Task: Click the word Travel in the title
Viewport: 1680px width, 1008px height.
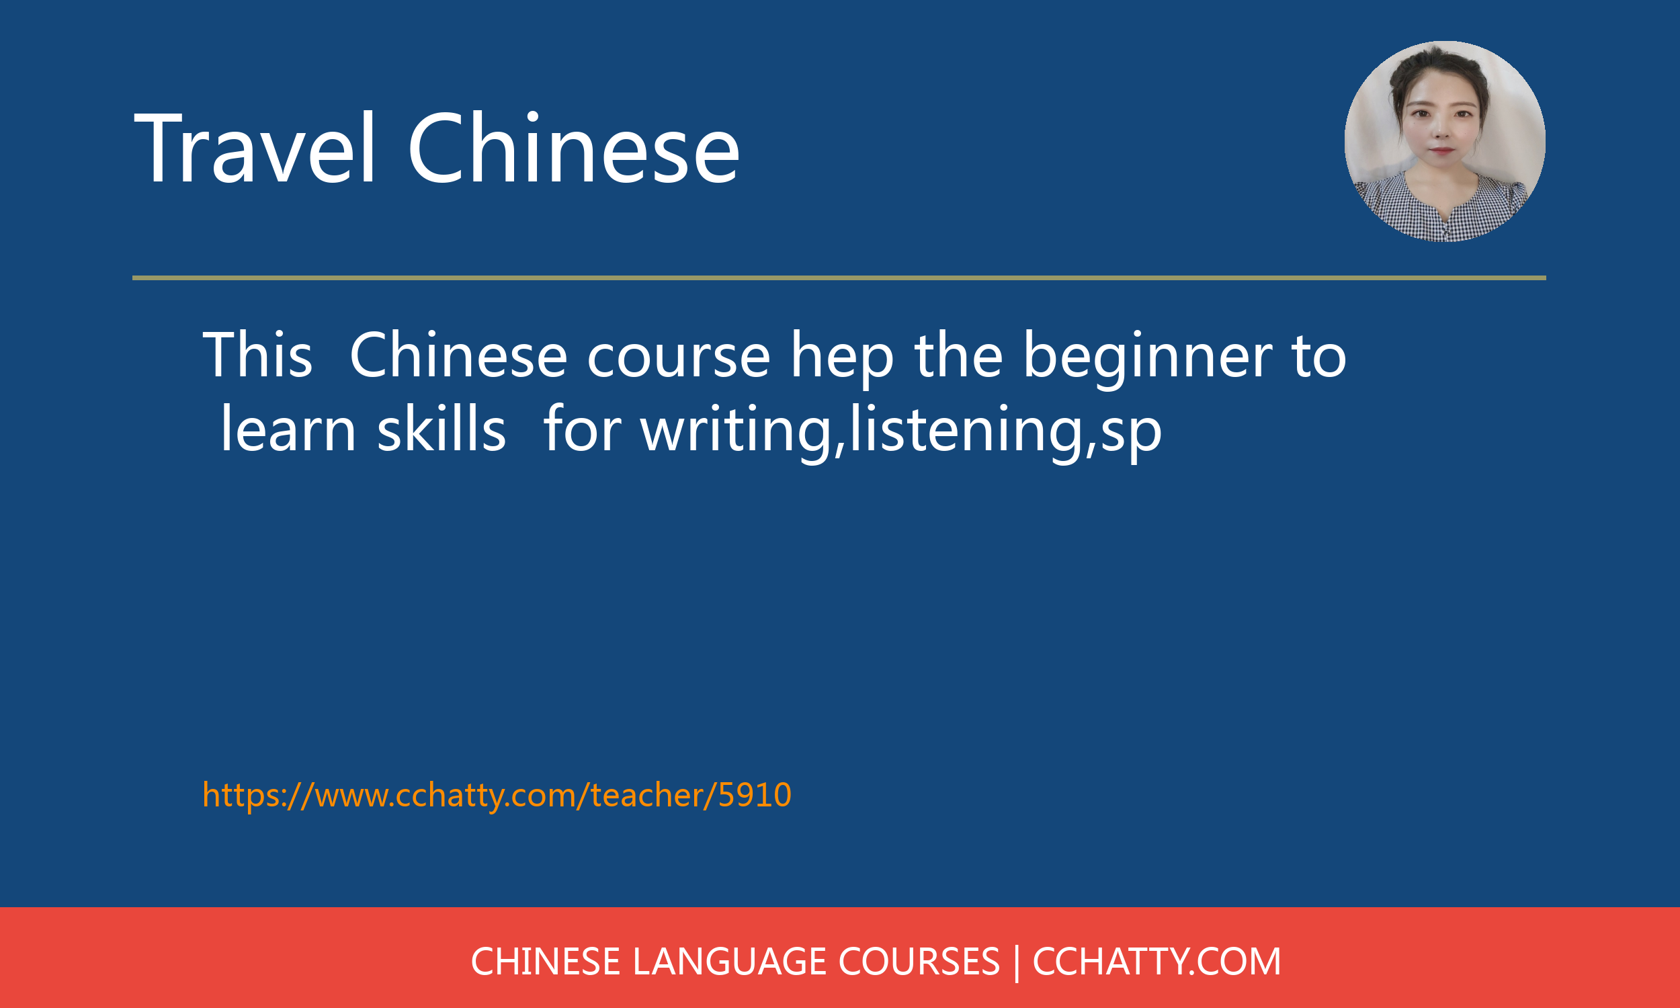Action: (255, 147)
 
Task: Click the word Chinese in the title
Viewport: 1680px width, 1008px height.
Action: (573, 147)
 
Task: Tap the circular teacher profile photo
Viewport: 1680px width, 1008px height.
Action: (1444, 141)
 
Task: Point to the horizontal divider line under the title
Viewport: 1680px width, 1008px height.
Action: (839, 278)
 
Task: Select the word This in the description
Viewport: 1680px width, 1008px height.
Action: (257, 354)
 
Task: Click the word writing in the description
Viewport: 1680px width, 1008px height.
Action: (736, 432)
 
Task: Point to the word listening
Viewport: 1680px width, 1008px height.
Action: (965, 432)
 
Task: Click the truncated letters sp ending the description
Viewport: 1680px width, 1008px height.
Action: (1130, 435)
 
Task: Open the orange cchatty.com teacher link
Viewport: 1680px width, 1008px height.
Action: (497, 795)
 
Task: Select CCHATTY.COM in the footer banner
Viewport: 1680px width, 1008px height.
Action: (1157, 962)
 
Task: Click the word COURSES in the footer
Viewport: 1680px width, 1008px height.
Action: (919, 962)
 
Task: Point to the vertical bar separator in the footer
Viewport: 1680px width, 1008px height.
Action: (1016, 963)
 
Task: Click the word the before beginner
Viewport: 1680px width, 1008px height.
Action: (959, 354)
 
